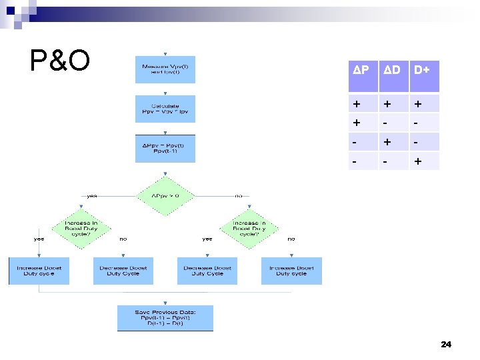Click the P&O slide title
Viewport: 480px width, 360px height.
coord(60,61)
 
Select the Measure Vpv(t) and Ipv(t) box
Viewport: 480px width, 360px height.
coord(165,69)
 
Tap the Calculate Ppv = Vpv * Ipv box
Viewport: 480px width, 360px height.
coord(165,109)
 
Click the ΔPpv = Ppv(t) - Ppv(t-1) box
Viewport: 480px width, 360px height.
coord(165,149)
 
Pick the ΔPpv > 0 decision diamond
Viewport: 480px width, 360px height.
coord(165,196)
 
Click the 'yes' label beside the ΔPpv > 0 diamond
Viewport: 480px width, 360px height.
coord(92,196)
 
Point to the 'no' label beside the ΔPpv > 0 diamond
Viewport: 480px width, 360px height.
coord(239,196)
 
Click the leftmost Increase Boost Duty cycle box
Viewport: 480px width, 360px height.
coord(39,271)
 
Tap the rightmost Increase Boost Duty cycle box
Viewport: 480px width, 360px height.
coord(291,271)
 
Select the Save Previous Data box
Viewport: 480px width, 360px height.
coord(165,318)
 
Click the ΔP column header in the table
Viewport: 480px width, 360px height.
coord(361,69)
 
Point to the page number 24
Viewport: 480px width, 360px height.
coord(446,345)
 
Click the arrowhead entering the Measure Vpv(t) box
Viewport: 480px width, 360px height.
coord(165,54)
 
